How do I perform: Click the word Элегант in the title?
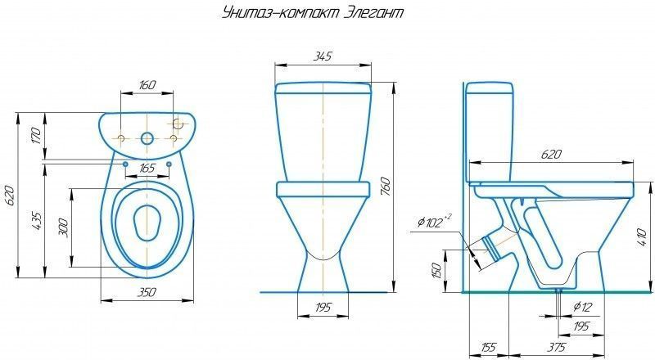pos(375,12)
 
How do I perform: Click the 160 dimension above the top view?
pos(147,85)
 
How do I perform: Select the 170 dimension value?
pos(36,136)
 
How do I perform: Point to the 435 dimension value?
pos(36,221)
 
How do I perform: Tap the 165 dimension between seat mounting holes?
pos(147,168)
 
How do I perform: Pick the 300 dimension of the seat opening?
pos(63,227)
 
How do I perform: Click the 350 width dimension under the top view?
pos(147,292)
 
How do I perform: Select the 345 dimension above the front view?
pos(323,56)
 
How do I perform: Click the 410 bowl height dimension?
pos(643,236)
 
